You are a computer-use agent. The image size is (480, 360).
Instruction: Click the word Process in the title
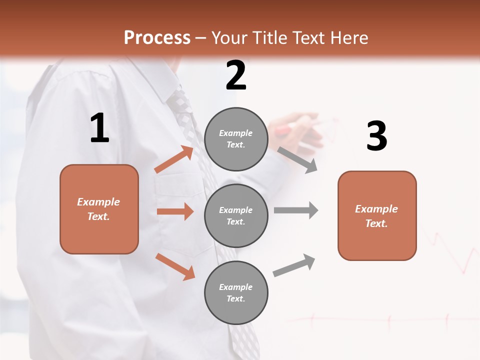[157, 38]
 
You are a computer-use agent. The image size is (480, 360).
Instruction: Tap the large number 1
[99, 128]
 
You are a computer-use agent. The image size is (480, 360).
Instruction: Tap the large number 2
[236, 75]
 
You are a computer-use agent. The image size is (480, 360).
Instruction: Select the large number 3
[376, 136]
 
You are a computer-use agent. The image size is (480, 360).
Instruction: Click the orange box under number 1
[99, 209]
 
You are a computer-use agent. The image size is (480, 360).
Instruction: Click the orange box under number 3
[377, 215]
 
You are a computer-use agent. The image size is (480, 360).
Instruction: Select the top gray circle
[236, 139]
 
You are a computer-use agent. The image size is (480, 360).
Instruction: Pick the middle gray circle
[236, 215]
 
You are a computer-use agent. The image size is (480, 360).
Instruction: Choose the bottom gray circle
[236, 292]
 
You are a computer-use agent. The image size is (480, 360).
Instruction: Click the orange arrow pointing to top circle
[174, 159]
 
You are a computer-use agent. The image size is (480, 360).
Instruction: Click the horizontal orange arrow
[175, 211]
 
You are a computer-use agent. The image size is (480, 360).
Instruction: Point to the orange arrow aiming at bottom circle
[175, 266]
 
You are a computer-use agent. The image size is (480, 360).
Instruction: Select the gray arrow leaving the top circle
[297, 160]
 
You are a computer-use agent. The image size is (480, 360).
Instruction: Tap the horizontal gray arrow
[295, 210]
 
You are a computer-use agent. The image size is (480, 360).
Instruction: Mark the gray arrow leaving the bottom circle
[294, 265]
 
